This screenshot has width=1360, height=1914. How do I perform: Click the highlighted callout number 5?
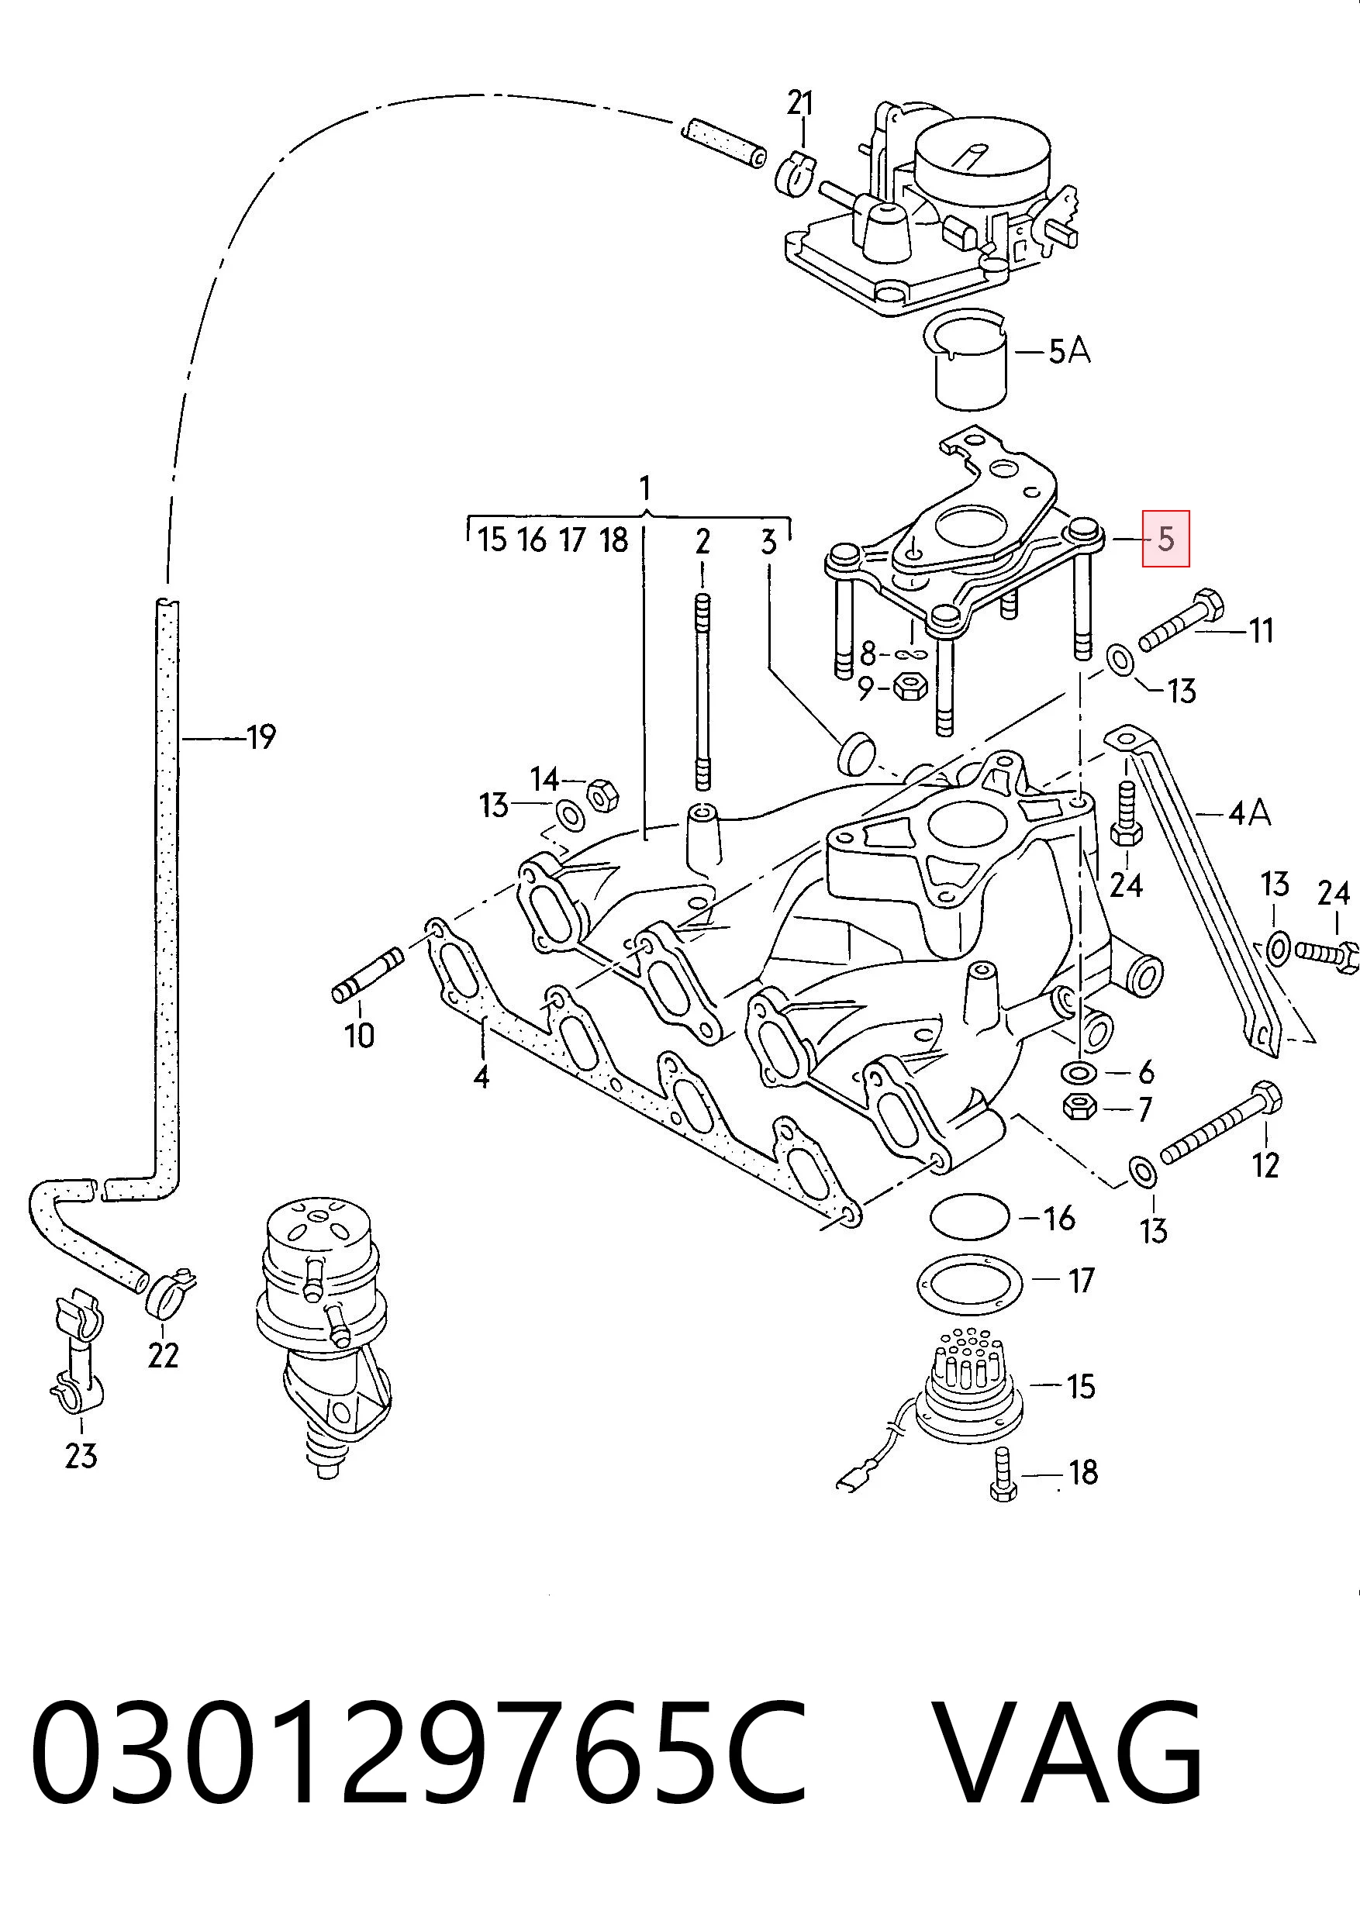1165,538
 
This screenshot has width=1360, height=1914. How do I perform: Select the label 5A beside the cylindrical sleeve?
1069,352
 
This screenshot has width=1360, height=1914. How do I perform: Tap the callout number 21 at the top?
799,103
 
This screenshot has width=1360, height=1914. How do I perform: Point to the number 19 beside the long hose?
261,736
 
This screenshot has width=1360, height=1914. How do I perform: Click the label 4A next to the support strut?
1249,812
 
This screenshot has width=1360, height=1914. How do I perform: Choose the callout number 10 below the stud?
359,1036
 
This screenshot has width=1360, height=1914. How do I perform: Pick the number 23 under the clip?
81,1456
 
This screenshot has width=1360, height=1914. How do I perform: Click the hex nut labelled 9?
910,688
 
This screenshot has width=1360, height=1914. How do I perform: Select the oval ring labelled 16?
970,1215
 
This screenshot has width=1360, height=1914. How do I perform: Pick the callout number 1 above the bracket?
645,488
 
